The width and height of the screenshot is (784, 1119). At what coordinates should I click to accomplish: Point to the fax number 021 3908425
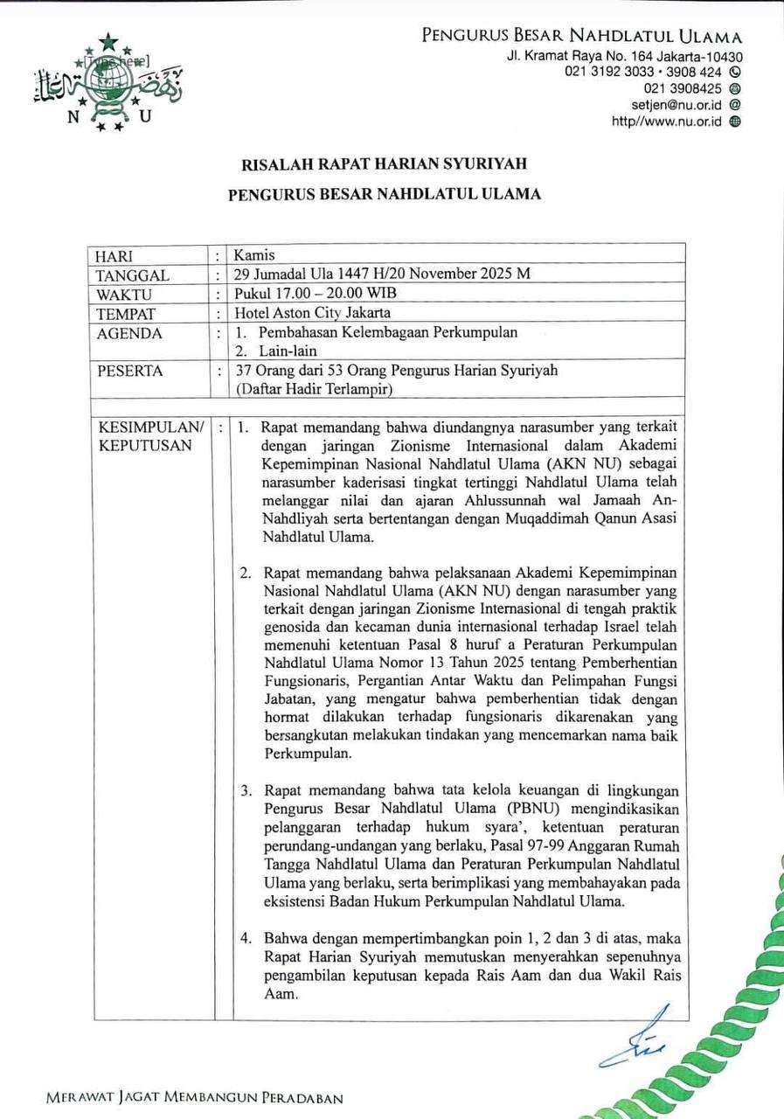(683, 88)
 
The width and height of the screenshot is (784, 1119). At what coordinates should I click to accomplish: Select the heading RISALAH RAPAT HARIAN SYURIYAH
(384, 163)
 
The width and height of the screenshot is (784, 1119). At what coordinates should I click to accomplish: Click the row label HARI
(114, 256)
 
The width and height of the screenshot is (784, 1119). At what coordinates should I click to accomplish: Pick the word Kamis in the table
(253, 256)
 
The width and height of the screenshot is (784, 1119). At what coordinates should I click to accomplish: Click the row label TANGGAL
(134, 275)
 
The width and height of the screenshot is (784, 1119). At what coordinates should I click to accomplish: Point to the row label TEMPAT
(127, 313)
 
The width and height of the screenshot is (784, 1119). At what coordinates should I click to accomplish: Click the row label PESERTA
(130, 371)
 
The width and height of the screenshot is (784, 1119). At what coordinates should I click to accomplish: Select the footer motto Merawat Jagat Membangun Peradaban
(195, 1099)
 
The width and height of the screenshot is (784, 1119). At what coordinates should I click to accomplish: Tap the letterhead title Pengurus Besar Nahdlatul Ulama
(582, 37)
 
